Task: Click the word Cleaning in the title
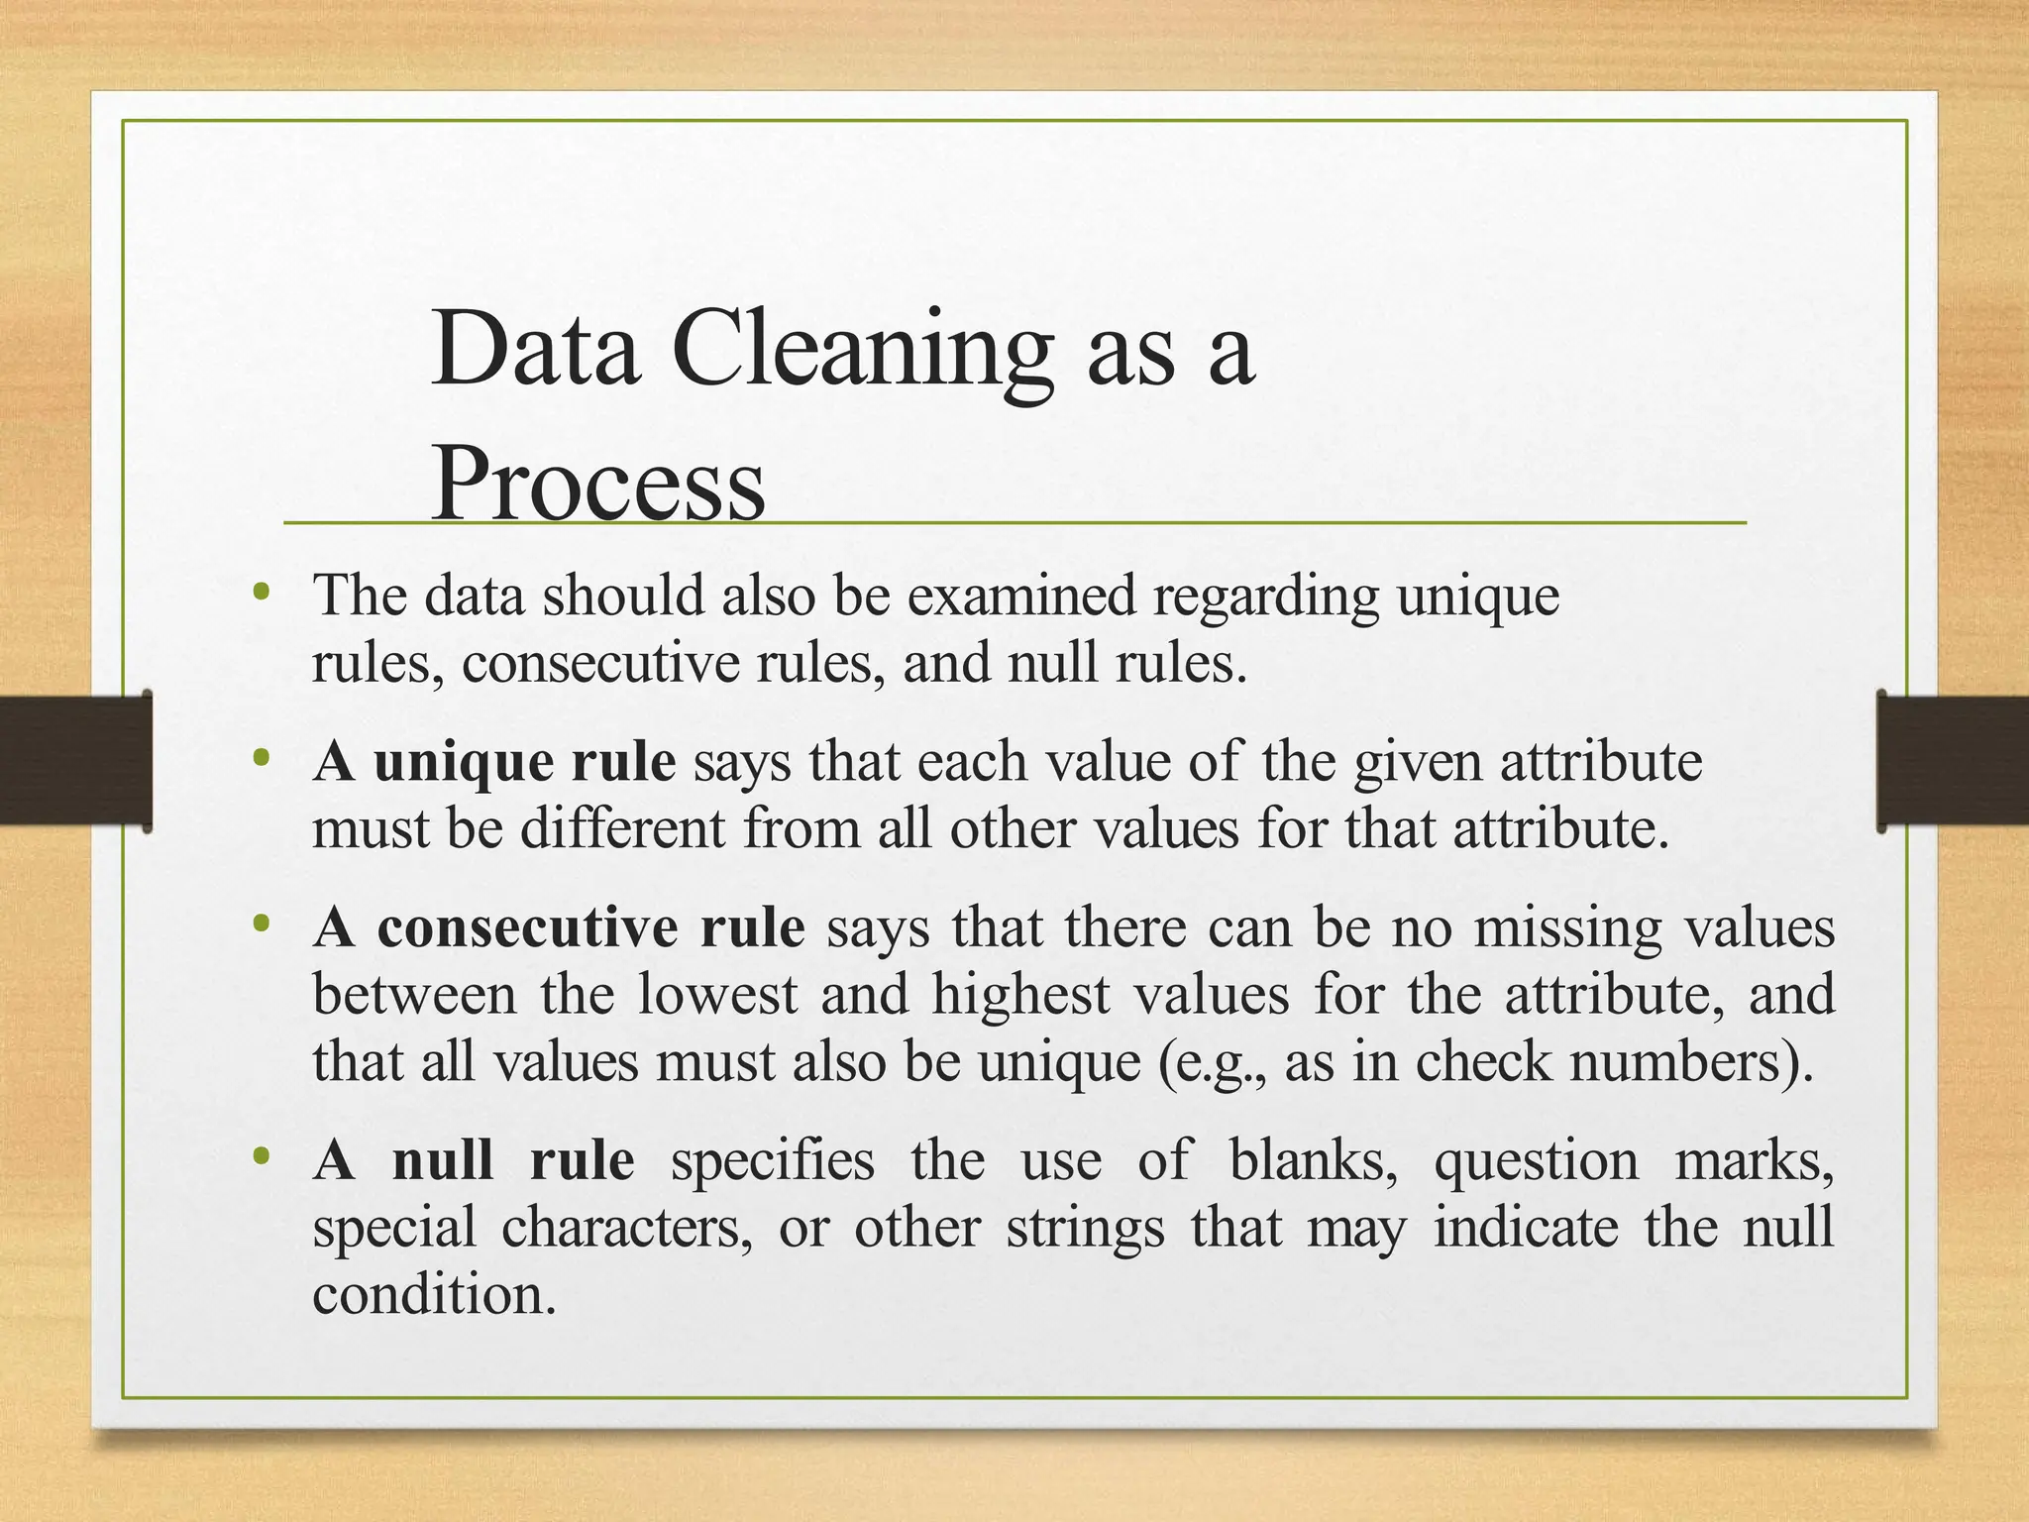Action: [862, 351]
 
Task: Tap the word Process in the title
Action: [598, 486]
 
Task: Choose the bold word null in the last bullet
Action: [442, 1160]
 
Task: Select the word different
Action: [623, 828]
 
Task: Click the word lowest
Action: [717, 994]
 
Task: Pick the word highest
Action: [1020, 996]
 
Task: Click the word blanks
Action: [1314, 1160]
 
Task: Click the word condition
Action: [434, 1294]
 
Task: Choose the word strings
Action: [1086, 1230]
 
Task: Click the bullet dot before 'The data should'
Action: [262, 594]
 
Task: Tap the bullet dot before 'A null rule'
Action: [262, 1156]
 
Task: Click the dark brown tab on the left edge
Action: [75, 760]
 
